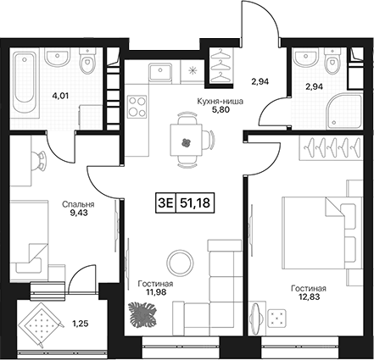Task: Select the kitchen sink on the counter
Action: coord(160,72)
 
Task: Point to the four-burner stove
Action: coord(137,107)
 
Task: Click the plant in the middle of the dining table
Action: coord(186,143)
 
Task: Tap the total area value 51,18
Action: coord(195,203)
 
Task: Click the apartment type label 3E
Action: coord(165,203)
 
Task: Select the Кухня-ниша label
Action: coord(220,102)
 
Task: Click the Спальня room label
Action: coord(78,204)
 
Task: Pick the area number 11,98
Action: coord(155,292)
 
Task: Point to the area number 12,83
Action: coord(309,296)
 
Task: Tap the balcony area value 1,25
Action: coord(81,324)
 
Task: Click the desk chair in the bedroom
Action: coord(38,161)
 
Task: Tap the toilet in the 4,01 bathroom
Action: coord(87,61)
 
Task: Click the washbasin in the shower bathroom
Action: coord(304,58)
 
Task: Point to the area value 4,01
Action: coord(60,96)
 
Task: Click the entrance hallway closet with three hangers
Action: coord(221,65)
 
